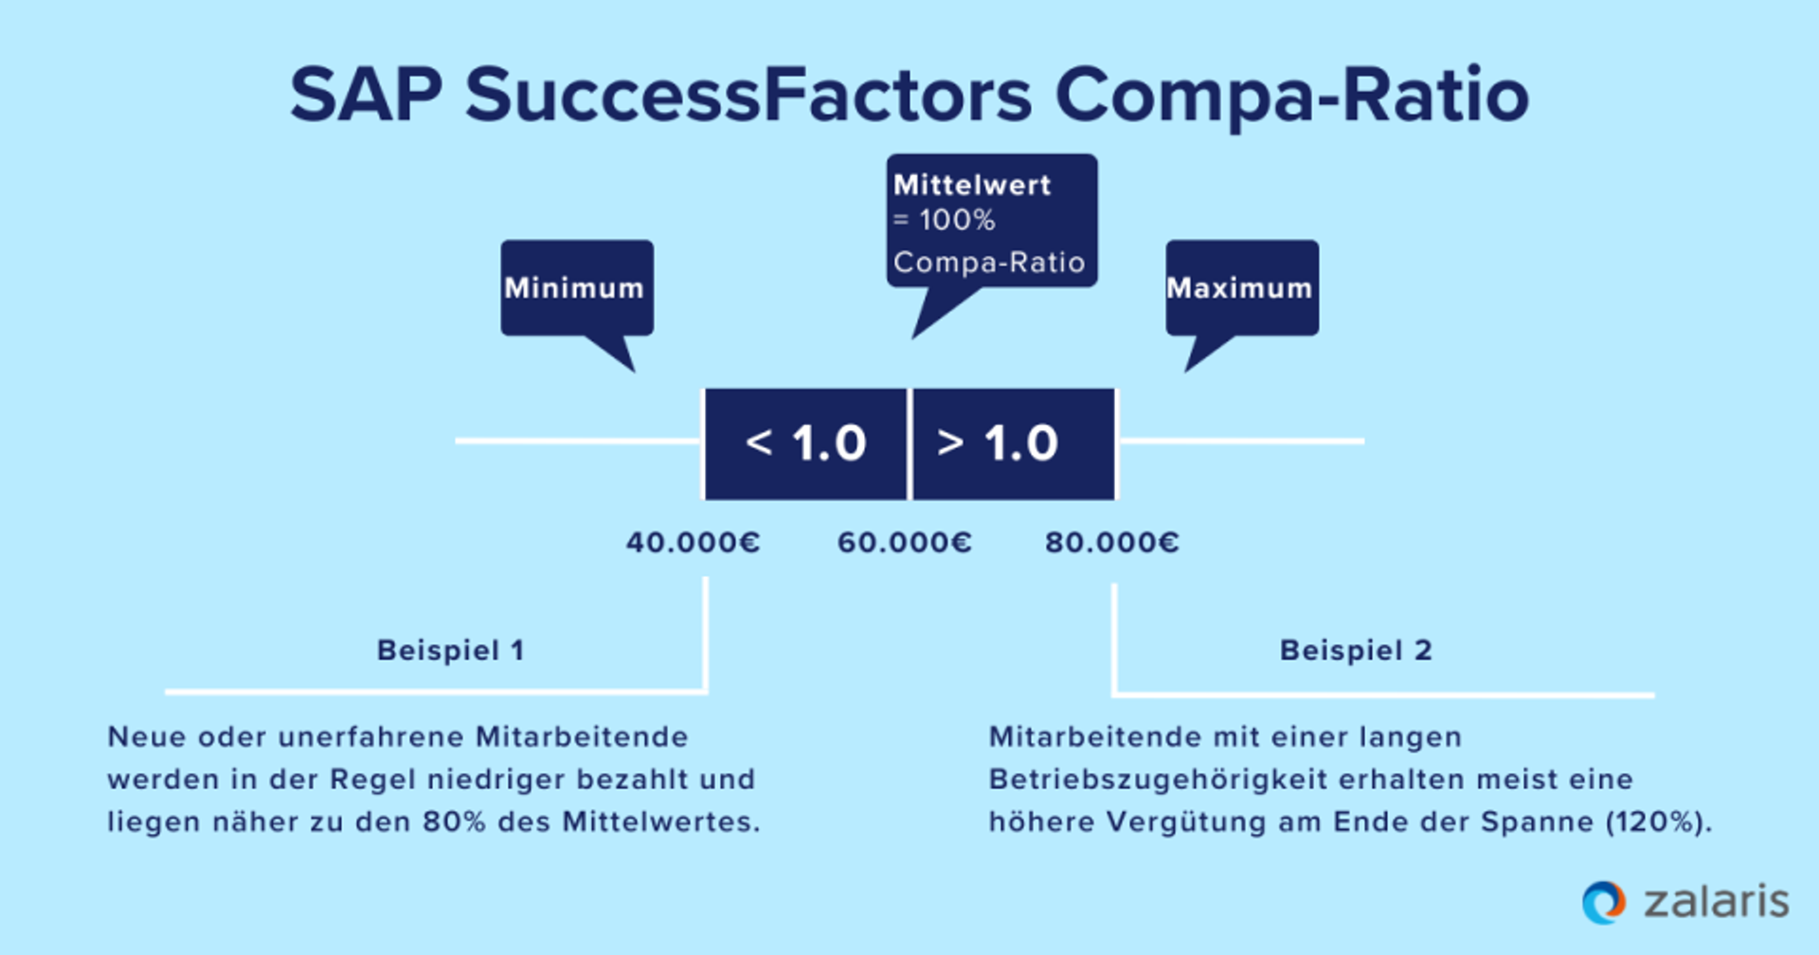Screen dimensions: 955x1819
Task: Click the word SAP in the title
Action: tap(366, 95)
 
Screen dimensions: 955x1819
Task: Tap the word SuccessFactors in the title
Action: tap(748, 95)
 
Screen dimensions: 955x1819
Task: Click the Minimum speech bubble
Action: tap(576, 287)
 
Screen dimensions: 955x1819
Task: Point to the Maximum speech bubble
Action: tap(1241, 287)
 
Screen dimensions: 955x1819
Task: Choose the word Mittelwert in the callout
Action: tap(972, 185)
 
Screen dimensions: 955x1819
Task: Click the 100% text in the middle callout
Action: tap(957, 221)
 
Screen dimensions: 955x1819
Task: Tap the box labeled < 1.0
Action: tap(805, 443)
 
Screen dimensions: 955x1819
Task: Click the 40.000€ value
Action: tap(693, 542)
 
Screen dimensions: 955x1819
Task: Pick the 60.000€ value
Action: tap(904, 542)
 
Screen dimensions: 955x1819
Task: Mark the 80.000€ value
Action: tap(1111, 542)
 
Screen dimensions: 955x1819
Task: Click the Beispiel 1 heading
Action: tap(450, 650)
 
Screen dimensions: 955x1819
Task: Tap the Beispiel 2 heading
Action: tap(1356, 650)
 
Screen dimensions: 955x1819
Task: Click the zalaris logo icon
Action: tap(1604, 902)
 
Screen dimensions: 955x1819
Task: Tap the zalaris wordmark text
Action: tap(1716, 902)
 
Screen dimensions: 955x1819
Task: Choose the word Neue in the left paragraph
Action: tap(141, 737)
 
